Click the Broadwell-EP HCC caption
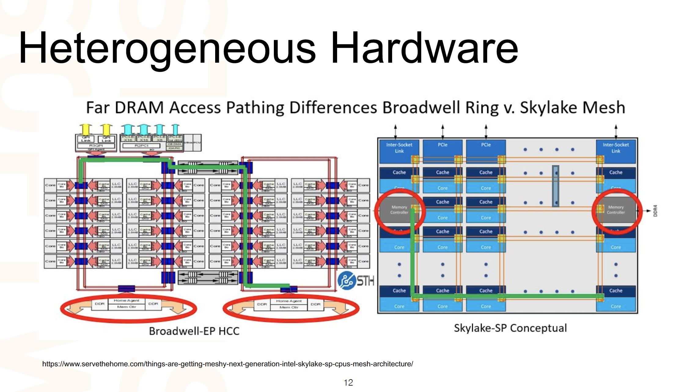click(x=194, y=331)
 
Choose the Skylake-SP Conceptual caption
click(x=510, y=328)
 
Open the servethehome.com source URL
click(x=227, y=364)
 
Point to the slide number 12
click(x=348, y=383)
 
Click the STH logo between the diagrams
click(x=355, y=281)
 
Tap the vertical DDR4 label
click(x=655, y=211)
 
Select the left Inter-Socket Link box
click(x=399, y=148)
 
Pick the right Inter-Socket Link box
click(x=616, y=148)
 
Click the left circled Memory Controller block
click(x=399, y=210)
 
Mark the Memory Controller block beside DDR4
click(x=616, y=210)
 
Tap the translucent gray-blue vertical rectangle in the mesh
click(x=556, y=186)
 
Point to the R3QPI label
click(x=96, y=146)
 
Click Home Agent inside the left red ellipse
click(x=127, y=301)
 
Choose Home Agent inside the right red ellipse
click(x=289, y=301)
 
